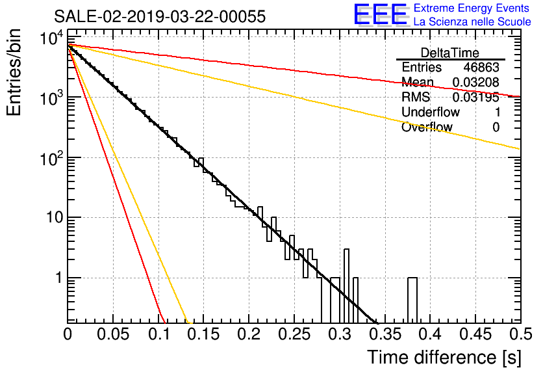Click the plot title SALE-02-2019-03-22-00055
(x=160, y=16)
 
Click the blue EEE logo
(x=380, y=14)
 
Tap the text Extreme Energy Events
(x=472, y=8)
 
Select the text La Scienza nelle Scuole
(x=472, y=21)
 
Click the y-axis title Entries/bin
(x=14, y=72)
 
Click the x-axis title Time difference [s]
(x=444, y=357)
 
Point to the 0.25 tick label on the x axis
(x=294, y=334)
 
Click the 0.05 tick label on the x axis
(x=113, y=334)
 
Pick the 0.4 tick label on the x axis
(x=430, y=334)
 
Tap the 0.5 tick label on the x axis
(x=520, y=334)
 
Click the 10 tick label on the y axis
(x=55, y=218)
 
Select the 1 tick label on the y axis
(x=59, y=278)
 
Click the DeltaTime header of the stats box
(x=450, y=53)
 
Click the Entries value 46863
(x=481, y=67)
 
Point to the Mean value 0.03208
(x=476, y=82)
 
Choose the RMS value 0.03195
(x=476, y=97)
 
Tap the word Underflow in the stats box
(x=431, y=112)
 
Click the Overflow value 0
(x=496, y=127)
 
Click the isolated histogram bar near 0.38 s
(x=412, y=300)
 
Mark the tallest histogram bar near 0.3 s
(x=346, y=286)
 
